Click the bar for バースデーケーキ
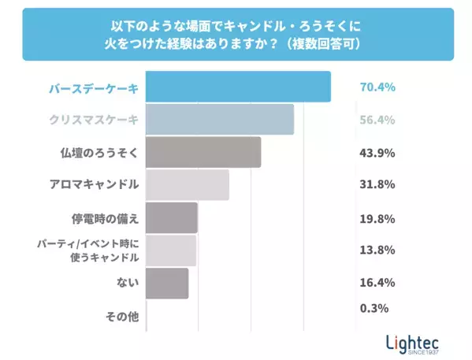[x=238, y=87]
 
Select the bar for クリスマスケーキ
[x=220, y=119]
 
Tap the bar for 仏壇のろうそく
[x=203, y=152]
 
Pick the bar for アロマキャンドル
[x=188, y=185]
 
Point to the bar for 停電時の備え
[x=172, y=217]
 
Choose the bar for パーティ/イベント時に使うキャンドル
[x=171, y=251]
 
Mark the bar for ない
[x=167, y=283]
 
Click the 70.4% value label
[x=377, y=87]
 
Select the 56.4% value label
[x=377, y=120]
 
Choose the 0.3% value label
[x=374, y=308]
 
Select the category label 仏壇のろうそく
[x=98, y=152]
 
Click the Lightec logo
[x=413, y=343]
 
